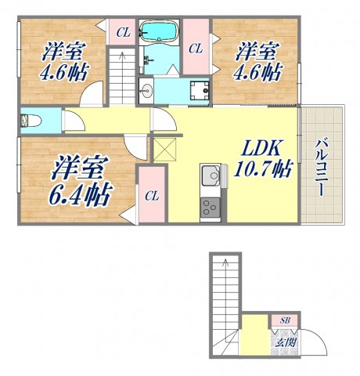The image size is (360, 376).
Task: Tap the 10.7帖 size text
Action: [257, 168]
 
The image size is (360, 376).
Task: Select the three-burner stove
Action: [210, 208]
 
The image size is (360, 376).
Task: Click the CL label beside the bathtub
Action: [196, 49]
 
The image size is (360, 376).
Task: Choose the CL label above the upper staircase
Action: [122, 32]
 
